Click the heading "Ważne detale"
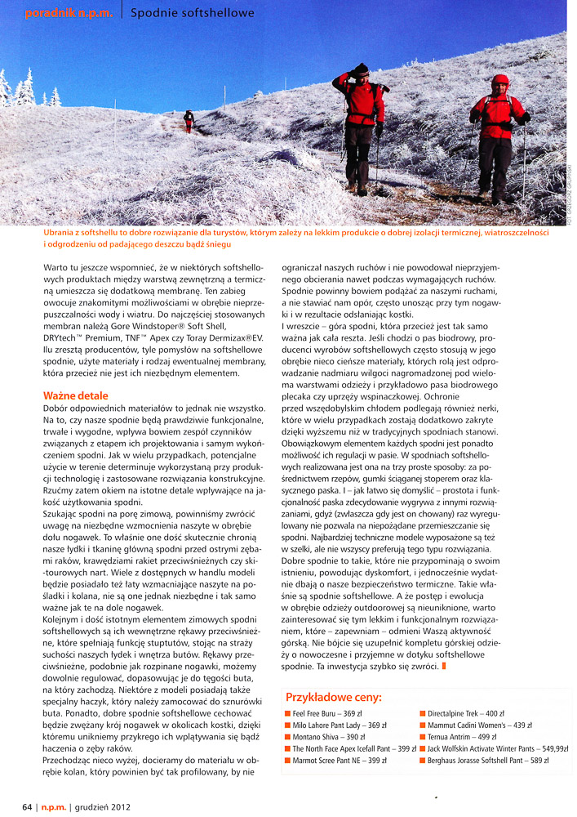point(76,395)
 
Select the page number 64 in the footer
point(27,806)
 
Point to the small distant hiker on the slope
point(189,120)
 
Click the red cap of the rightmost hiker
point(499,79)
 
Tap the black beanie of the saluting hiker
point(361,69)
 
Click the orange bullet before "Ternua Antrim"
point(423,737)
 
